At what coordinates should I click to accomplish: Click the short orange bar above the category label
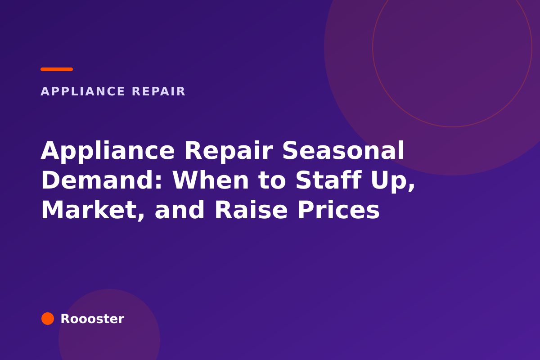(x=57, y=69)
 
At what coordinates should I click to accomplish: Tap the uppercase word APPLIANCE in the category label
(x=83, y=91)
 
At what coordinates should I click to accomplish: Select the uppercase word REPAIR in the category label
(x=158, y=91)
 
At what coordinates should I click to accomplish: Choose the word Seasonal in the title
(x=343, y=150)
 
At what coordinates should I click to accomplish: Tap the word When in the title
(x=211, y=180)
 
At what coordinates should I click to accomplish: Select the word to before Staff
(x=272, y=181)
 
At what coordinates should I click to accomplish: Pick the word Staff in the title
(x=328, y=180)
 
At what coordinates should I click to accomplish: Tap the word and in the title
(x=180, y=210)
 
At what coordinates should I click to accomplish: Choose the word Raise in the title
(x=251, y=210)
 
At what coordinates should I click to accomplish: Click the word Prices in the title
(x=339, y=210)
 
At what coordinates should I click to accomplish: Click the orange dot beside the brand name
(x=48, y=319)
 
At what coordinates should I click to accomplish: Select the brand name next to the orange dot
(x=92, y=319)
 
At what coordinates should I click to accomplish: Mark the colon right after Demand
(x=158, y=182)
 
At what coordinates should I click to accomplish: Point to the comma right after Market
(x=140, y=215)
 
